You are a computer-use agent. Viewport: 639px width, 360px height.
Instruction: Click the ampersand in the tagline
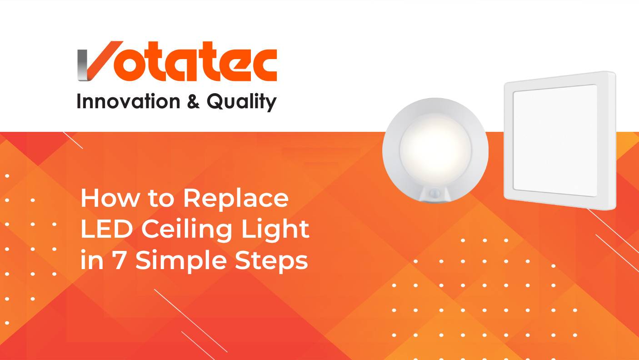coord(193,101)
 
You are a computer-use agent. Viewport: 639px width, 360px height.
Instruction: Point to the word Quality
coord(241,102)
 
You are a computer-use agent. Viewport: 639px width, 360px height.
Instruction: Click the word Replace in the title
coord(236,198)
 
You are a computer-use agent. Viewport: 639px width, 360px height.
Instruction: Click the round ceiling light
coord(435,150)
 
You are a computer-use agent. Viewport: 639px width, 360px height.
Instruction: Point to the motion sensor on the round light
coord(435,193)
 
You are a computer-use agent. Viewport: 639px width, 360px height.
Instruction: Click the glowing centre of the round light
coord(435,146)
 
